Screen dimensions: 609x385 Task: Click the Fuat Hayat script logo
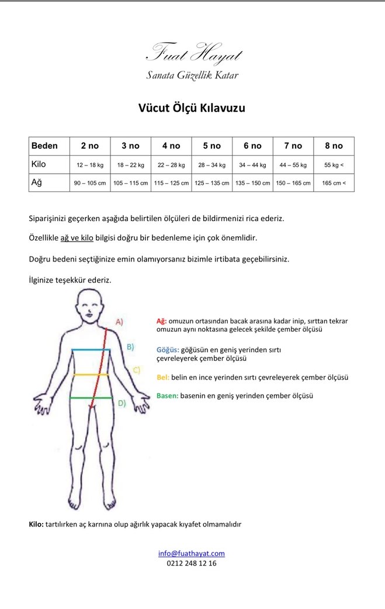[193, 54]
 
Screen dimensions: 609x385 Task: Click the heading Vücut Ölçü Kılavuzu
[192, 108]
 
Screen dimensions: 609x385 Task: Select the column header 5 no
[212, 146]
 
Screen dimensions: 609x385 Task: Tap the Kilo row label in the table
[39, 164]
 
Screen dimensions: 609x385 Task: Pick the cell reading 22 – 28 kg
[171, 165]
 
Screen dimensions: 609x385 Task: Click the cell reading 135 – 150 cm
[252, 183]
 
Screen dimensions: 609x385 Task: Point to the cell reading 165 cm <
[334, 183]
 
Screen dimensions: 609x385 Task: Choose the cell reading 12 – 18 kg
[90, 165]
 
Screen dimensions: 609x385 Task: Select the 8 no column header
[334, 146]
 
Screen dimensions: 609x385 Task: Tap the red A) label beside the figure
[119, 322]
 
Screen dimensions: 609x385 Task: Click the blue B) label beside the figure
[130, 346]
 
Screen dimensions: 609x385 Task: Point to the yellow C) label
[136, 370]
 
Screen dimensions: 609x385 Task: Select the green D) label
[121, 402]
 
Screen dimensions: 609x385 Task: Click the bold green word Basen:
[167, 395]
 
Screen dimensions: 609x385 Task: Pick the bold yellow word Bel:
[163, 377]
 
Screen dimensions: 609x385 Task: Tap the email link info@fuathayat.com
[192, 553]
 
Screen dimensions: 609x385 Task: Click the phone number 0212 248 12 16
[188, 563]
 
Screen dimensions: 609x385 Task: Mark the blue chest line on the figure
[91, 349]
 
